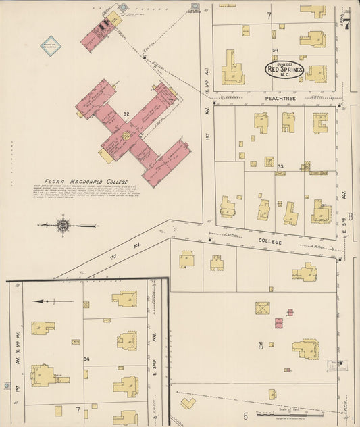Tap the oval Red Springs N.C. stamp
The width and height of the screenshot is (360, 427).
284,69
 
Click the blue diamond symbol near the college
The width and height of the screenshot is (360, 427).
51,45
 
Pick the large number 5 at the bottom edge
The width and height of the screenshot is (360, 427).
246,416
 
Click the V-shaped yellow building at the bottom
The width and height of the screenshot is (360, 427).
187,403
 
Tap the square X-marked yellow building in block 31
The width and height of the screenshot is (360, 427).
262,308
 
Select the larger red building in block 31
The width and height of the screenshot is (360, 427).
278,323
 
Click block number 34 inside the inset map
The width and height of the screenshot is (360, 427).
86,359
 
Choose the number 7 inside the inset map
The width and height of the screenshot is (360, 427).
77,409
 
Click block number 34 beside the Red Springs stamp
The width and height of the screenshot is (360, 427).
274,51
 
